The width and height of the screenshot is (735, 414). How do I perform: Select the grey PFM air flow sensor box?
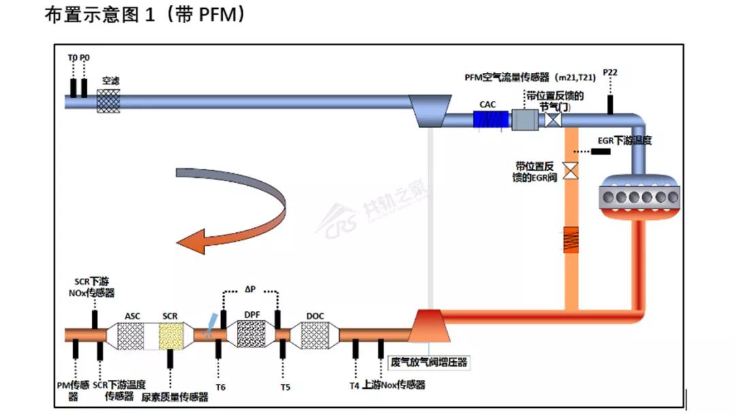click(524, 120)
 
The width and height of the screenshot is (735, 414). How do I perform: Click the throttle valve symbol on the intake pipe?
click(552, 121)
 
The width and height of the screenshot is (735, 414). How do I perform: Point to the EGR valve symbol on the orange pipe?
click(572, 170)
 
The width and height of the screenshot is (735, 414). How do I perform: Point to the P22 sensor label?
click(610, 73)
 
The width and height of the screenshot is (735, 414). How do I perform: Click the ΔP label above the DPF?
click(250, 289)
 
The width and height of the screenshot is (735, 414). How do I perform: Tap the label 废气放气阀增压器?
click(429, 362)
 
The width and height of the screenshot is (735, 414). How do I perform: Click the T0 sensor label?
click(72, 59)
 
